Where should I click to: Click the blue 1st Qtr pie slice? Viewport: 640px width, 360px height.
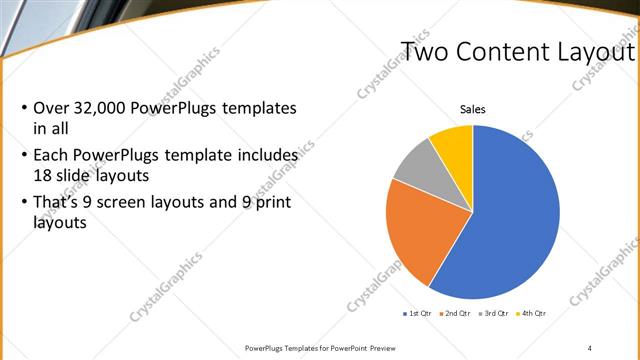pyautogui.click(x=510, y=220)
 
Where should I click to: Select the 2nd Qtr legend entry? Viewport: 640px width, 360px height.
pyautogui.click(x=457, y=313)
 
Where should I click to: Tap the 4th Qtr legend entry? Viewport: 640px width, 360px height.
pyautogui.click(x=532, y=313)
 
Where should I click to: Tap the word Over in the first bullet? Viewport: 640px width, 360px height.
pyautogui.click(x=51, y=107)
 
